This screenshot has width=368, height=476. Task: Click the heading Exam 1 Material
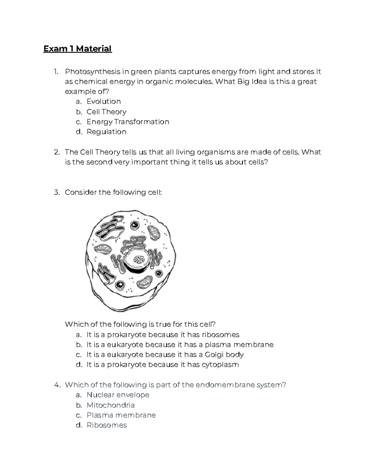click(x=78, y=49)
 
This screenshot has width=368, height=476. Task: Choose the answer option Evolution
click(x=104, y=101)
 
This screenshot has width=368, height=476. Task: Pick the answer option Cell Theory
click(x=106, y=112)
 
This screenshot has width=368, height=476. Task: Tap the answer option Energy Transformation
click(x=128, y=122)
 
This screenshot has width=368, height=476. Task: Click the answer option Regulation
click(x=106, y=132)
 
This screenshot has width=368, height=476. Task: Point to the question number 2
click(x=56, y=152)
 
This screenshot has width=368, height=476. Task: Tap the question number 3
click(x=56, y=192)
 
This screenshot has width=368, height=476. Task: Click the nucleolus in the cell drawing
click(x=139, y=260)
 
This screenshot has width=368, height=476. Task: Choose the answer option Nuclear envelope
click(x=118, y=395)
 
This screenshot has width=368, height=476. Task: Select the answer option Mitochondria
click(x=110, y=405)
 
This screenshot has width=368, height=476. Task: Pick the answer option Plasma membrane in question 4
click(x=121, y=415)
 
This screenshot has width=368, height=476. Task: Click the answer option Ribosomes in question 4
click(x=107, y=425)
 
